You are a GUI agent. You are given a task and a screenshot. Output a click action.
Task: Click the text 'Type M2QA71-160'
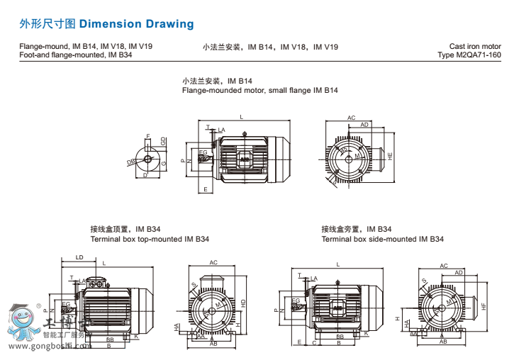point(469,55)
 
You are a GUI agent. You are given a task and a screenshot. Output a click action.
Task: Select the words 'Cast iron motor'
point(475,47)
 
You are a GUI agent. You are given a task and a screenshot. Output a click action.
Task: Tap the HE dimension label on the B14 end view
point(390,154)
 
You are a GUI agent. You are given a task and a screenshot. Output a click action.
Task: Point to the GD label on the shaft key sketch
point(164,142)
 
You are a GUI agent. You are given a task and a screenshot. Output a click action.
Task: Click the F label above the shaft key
point(147,136)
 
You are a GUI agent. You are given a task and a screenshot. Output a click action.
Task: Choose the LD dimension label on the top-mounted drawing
point(79,257)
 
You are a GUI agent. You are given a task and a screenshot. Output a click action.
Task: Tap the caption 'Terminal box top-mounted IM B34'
point(149,239)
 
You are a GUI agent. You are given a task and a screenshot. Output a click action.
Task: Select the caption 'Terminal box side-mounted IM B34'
point(382,239)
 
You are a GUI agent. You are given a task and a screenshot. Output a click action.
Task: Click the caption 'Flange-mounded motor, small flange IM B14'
point(259,91)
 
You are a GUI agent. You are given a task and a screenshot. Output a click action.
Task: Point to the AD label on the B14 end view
point(364,125)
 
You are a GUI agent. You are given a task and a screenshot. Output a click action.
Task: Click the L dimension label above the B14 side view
point(241,117)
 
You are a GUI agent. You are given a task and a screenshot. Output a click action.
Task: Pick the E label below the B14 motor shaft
point(205,189)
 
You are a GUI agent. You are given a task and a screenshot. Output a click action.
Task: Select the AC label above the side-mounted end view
point(444,266)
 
